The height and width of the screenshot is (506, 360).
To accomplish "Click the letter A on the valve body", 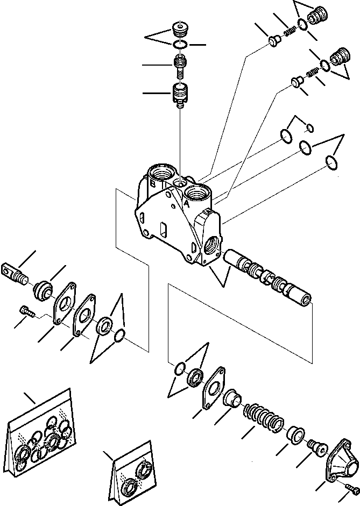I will click(x=186, y=205).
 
